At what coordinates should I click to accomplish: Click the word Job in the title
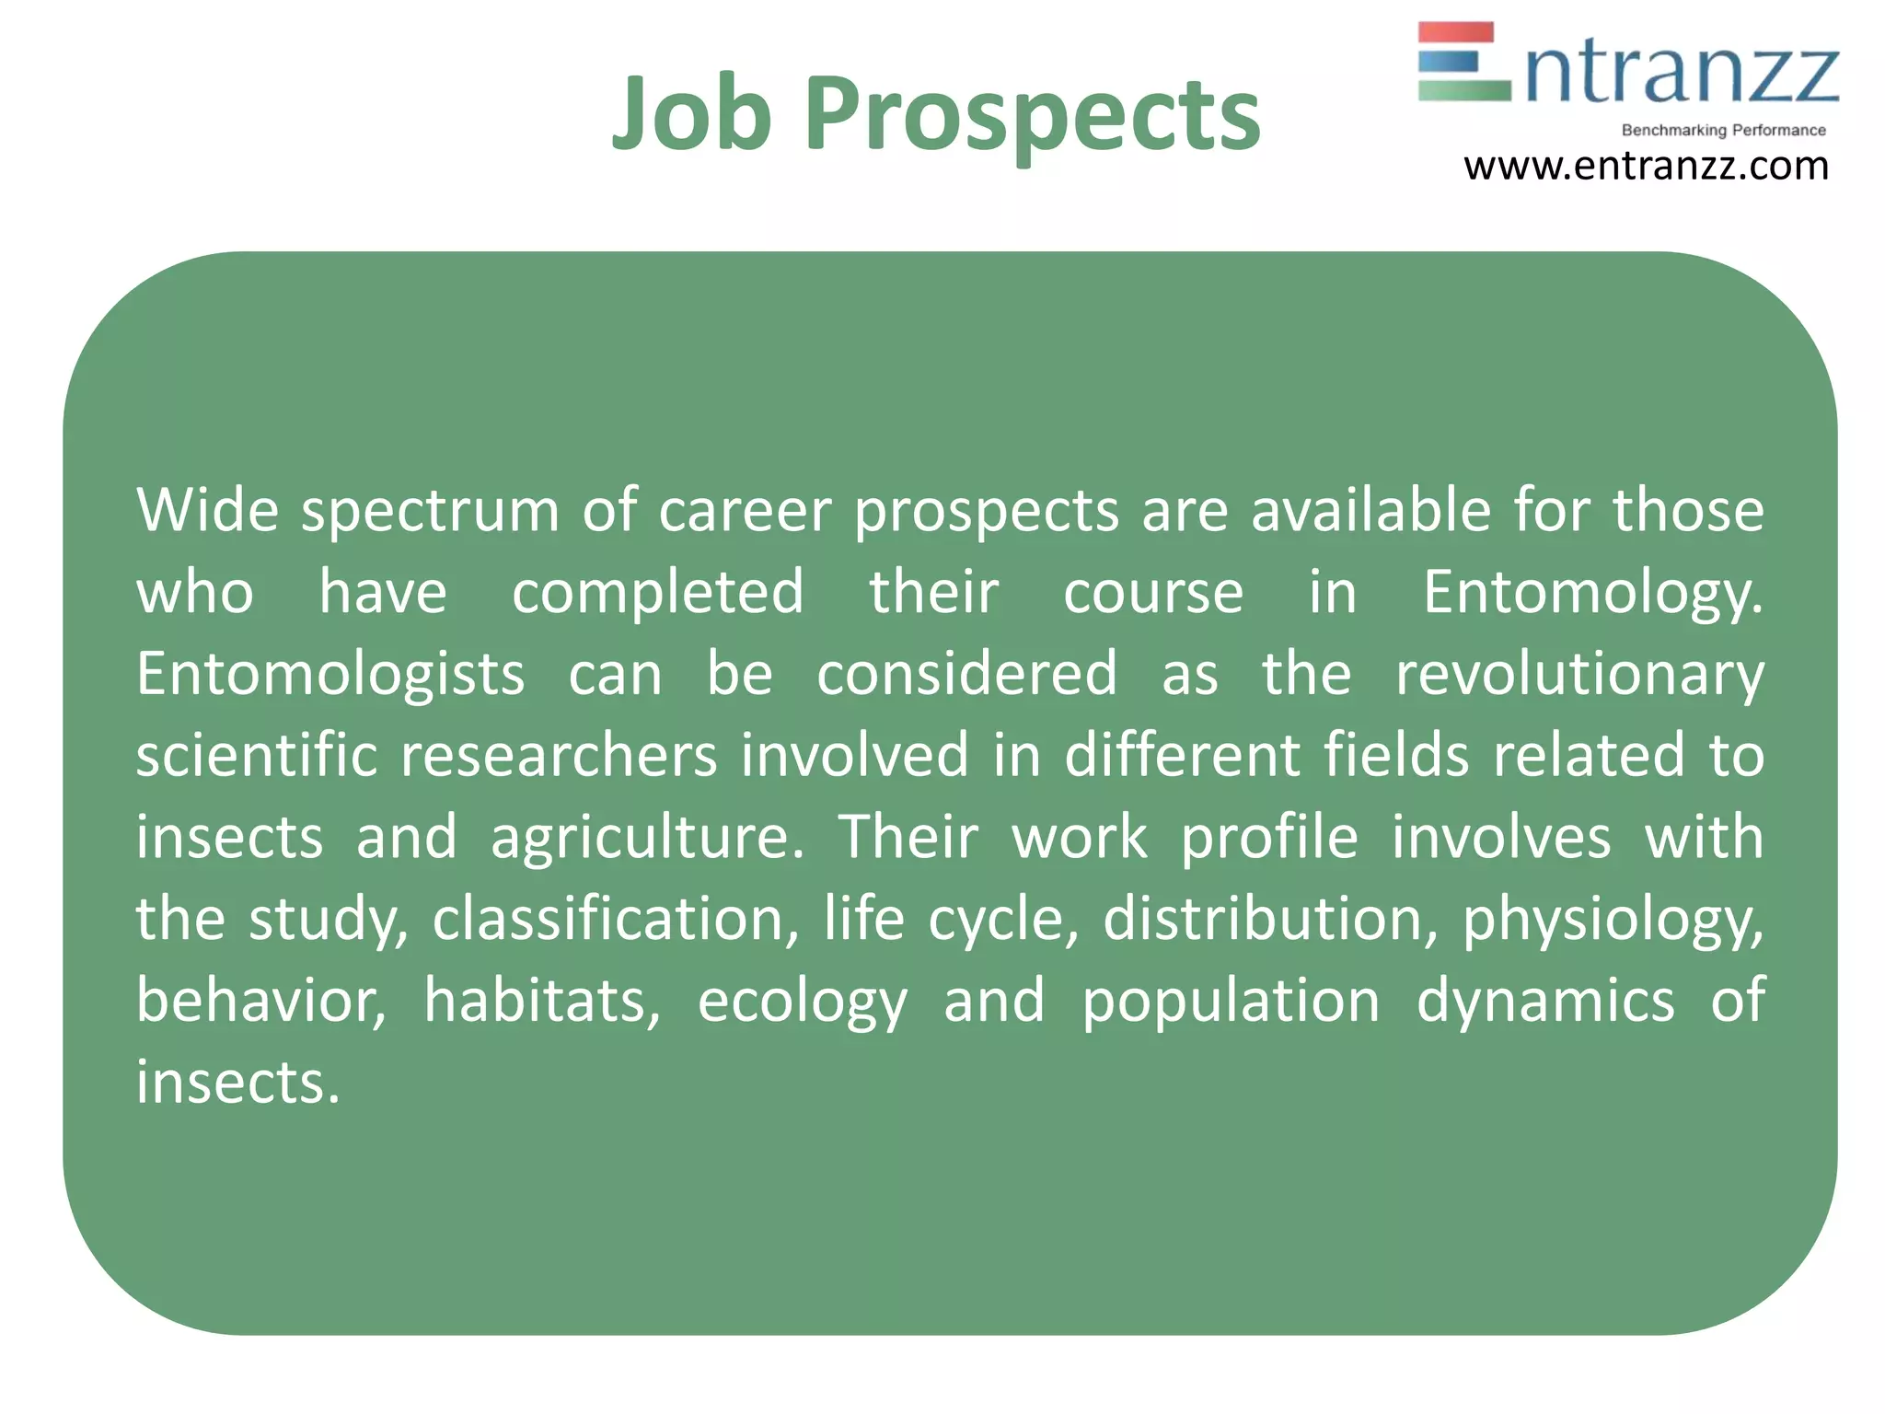(x=691, y=114)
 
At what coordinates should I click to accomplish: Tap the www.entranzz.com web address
(x=1646, y=167)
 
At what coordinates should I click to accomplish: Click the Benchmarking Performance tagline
(x=1723, y=131)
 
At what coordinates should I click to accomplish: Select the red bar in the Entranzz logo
(x=1455, y=33)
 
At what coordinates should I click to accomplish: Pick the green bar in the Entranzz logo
(x=1463, y=90)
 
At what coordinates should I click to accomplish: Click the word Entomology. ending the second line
(x=1592, y=594)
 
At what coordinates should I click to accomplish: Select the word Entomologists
(x=330, y=675)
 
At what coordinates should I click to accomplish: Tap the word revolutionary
(x=1579, y=675)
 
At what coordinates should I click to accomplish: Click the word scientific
(x=257, y=755)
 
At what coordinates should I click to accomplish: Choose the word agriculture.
(x=647, y=839)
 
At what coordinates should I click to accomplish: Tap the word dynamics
(x=1544, y=1001)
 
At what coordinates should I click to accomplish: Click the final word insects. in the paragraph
(x=238, y=1082)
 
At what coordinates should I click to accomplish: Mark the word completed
(x=657, y=592)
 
